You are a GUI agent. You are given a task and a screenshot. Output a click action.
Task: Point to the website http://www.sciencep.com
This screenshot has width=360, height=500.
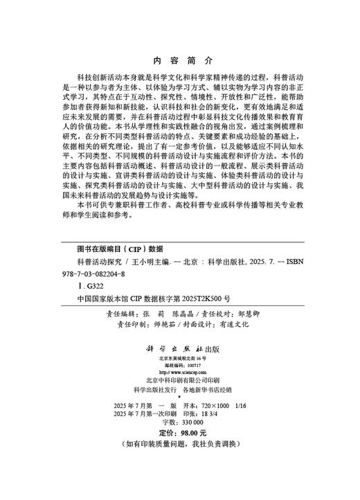180,372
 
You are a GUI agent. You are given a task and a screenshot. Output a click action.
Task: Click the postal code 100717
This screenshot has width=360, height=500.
190,365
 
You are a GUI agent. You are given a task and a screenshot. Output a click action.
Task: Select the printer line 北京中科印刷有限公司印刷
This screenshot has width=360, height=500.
179,381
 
